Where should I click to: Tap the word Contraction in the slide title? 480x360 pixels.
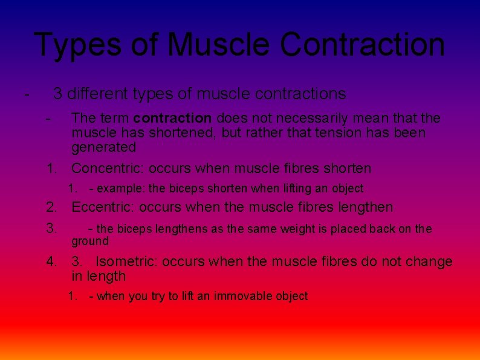click(x=363, y=44)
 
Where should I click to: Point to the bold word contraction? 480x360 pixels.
click(x=172, y=117)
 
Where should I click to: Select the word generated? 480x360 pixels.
click(x=103, y=147)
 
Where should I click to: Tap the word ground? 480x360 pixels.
click(x=90, y=241)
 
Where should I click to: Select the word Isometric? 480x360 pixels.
click(x=127, y=262)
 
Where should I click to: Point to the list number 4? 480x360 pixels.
click(x=52, y=262)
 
